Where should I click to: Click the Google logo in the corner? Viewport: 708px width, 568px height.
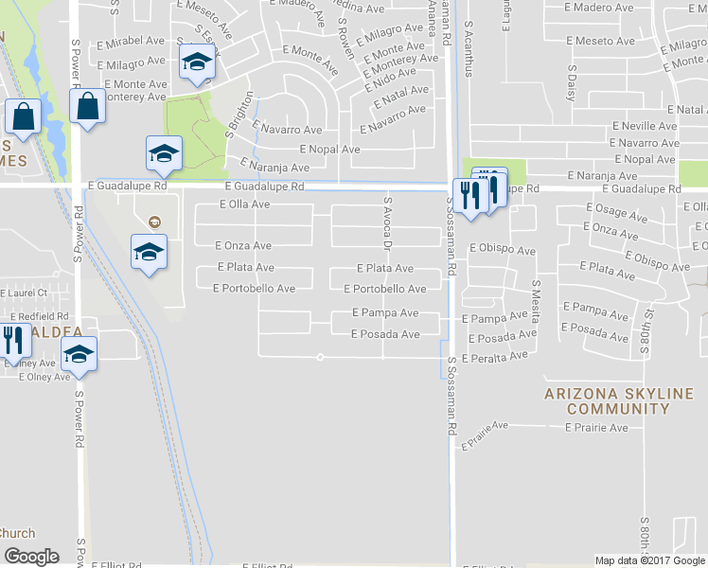[31, 556]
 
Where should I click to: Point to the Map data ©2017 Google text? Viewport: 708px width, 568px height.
[649, 560]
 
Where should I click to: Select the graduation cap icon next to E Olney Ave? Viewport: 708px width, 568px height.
[79, 355]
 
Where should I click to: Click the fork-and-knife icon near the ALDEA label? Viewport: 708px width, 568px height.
[11, 338]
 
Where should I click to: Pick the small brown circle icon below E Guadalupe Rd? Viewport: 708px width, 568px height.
[154, 222]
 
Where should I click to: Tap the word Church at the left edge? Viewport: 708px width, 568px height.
[17, 533]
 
